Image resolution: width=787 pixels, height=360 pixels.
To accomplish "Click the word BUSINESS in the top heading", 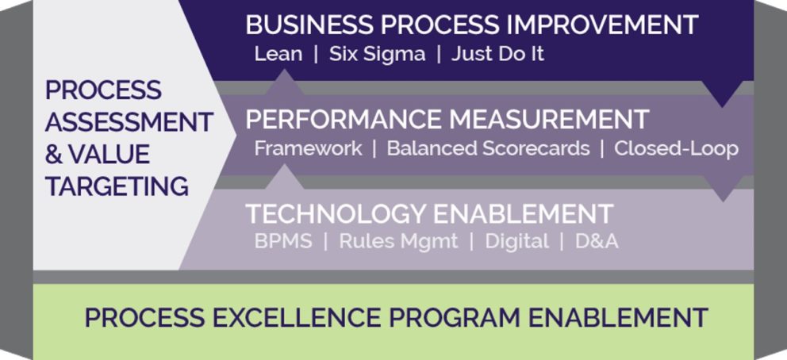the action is (309, 25).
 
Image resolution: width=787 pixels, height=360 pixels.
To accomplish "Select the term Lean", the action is (278, 54).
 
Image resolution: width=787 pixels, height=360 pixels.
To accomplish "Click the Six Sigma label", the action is (377, 55).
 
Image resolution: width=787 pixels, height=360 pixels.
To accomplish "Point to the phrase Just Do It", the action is (497, 54).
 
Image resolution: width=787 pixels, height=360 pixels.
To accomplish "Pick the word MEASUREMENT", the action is (549, 120).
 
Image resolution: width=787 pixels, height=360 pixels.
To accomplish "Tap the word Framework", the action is (308, 148).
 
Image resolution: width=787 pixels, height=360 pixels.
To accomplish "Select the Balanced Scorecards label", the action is (489, 148).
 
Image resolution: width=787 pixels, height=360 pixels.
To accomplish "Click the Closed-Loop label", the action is (676, 149).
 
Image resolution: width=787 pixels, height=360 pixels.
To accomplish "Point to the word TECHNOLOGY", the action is (336, 214).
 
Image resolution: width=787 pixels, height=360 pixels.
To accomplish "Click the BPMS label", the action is (283, 242).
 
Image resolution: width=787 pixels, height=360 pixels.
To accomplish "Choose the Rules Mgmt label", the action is (398, 242).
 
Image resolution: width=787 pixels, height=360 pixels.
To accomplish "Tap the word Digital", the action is (516, 242).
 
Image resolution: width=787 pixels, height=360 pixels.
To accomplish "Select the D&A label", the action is (597, 242).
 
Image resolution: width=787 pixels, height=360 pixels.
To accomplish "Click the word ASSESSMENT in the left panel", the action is (129, 122).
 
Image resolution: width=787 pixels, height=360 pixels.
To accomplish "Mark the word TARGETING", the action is (117, 186).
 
